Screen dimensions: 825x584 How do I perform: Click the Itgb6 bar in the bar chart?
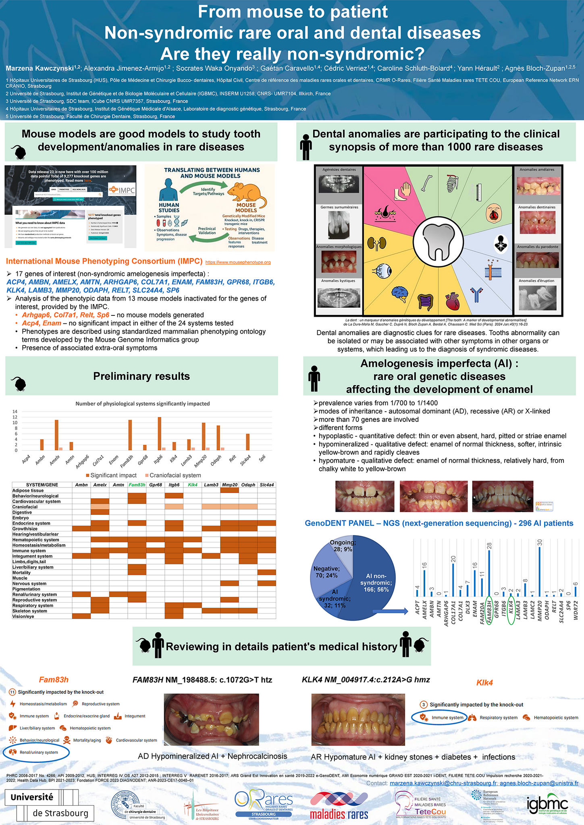click(x=160, y=433)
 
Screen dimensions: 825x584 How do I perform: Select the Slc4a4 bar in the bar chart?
click(x=248, y=442)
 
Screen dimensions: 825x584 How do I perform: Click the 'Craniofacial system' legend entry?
click(x=172, y=475)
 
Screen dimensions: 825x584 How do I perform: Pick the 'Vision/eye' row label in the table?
click(x=23, y=616)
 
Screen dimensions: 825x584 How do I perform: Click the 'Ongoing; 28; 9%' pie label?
click(x=343, y=546)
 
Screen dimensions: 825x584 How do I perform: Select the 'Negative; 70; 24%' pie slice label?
click(x=326, y=572)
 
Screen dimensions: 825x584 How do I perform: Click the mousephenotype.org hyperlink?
click(x=238, y=262)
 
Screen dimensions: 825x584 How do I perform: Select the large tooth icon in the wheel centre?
click(x=439, y=242)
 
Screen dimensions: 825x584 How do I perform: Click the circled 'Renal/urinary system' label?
click(x=36, y=752)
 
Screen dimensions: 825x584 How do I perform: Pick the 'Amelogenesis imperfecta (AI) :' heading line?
click(x=439, y=363)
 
